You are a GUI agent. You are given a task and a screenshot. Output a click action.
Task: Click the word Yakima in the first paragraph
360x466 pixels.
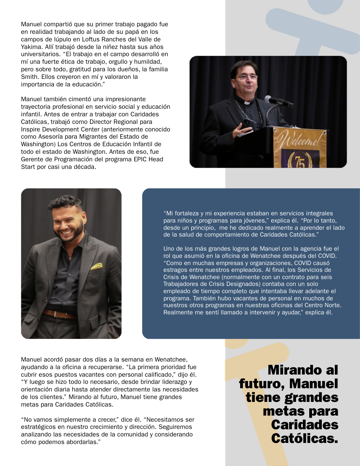click(31, 47)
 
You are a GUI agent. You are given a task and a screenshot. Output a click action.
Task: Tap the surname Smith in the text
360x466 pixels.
click(30, 77)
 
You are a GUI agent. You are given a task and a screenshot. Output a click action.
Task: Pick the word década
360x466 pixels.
click(84, 167)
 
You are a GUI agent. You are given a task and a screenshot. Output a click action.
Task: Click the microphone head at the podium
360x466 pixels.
click(269, 99)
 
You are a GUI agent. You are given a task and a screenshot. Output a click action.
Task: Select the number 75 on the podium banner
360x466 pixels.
click(300, 161)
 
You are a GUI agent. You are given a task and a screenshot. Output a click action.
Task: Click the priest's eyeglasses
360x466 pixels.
click(247, 77)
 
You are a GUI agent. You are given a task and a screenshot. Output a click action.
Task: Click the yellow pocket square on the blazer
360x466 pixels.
click(96, 266)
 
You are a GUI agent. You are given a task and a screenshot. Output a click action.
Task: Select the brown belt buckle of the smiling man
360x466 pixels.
click(55, 314)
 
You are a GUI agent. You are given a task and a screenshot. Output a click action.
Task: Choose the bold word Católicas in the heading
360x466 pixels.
click(305, 438)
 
